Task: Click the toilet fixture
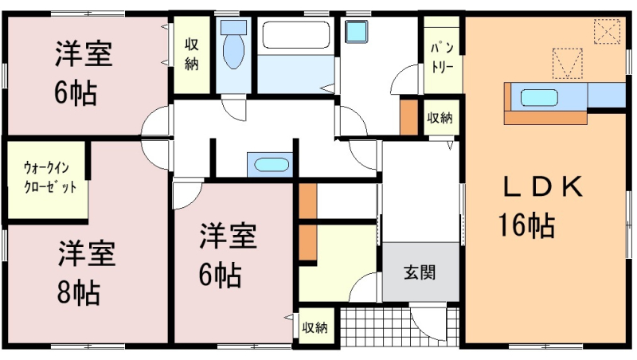tap(233, 45)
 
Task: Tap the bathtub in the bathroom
tap(295, 35)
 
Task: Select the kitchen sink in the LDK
tap(539, 98)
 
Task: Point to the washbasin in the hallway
tap(272, 165)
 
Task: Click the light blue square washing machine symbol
tap(357, 31)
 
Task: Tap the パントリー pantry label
tap(442, 57)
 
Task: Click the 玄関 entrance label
tap(420, 272)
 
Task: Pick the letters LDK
tap(543, 187)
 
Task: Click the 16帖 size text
tap(526, 225)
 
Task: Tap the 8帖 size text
tap(79, 292)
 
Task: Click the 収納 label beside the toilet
tap(192, 54)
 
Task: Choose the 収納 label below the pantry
tap(440, 118)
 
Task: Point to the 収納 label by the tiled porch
tap(315, 327)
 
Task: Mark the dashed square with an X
tap(608, 31)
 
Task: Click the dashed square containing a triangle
tap(568, 64)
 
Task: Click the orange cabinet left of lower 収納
tap(308, 243)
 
